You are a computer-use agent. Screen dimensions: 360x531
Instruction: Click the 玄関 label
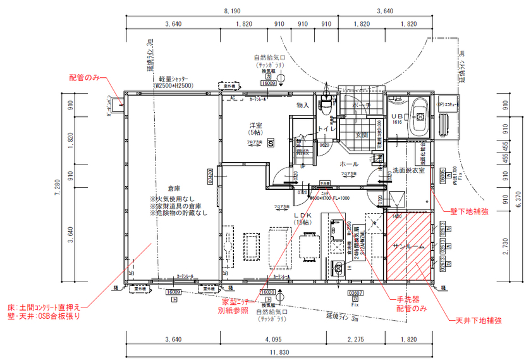coord(362,135)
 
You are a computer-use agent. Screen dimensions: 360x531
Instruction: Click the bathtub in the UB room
coord(418,117)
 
